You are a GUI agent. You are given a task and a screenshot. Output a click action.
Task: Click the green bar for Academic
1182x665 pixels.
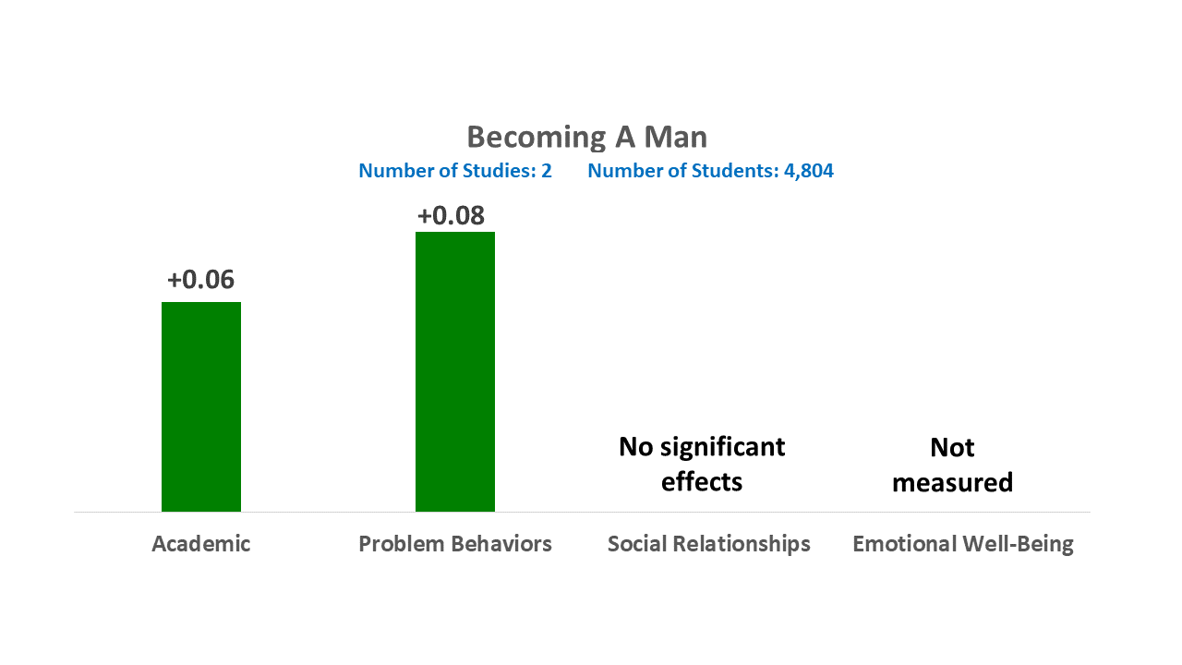[x=201, y=406]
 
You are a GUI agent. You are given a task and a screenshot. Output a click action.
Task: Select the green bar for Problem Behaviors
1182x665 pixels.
[x=455, y=371]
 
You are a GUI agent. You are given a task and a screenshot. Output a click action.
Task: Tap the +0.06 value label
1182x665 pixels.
[x=200, y=279]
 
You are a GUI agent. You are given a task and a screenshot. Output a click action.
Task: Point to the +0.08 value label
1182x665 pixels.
[x=451, y=215]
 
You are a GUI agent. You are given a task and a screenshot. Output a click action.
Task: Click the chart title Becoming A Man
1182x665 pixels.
[x=586, y=138]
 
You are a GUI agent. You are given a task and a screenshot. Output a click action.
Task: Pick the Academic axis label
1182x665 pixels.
[x=201, y=544]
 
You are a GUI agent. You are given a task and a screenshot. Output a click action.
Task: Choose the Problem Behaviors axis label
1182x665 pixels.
[x=455, y=544]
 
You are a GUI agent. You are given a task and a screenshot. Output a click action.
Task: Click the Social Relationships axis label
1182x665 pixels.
[x=708, y=544]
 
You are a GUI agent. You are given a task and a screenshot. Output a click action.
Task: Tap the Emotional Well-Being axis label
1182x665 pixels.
[x=963, y=544]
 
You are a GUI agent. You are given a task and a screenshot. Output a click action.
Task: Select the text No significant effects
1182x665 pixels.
[x=702, y=465]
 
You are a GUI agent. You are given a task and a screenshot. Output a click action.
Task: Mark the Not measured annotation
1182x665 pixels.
[x=952, y=465]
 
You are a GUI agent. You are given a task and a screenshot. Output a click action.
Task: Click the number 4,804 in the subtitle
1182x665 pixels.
[x=809, y=171]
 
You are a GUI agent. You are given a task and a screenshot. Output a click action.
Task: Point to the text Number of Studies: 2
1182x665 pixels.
[x=455, y=171]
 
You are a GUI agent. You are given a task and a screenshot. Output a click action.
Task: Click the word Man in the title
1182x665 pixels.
[x=675, y=138]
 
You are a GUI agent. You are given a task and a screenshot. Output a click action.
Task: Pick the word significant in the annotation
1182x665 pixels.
[x=723, y=448]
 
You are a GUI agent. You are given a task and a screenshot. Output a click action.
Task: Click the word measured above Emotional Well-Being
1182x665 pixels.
[x=952, y=482]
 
